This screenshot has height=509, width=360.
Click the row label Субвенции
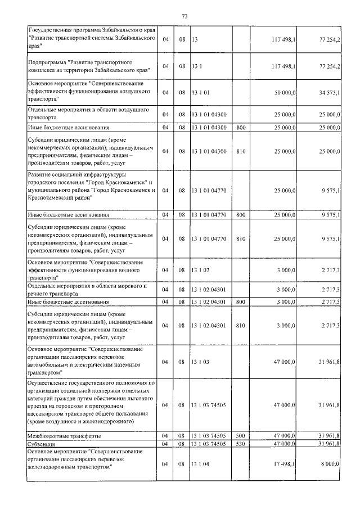[x=43, y=444]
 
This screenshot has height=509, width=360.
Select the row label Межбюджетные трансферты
[x=65, y=436]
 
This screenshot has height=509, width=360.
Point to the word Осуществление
[x=52, y=383]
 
